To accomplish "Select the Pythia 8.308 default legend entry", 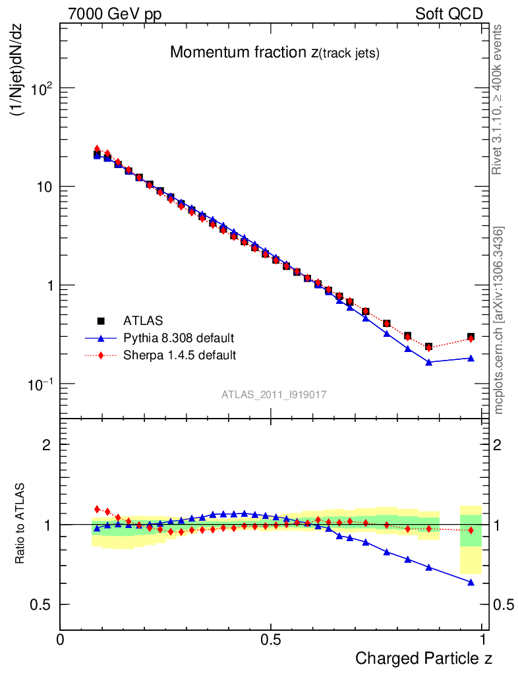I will point(179,338).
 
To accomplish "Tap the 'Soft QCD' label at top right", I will point(449,15).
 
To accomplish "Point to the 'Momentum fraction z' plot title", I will point(274,53).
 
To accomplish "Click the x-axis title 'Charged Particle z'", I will point(424,658).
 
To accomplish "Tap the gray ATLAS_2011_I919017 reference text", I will point(274,394).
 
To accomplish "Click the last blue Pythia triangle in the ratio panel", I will point(471,582).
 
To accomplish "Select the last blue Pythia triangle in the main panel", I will point(471,358).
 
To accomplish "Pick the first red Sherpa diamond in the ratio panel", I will point(97,509).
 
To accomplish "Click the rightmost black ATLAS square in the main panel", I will point(471,337).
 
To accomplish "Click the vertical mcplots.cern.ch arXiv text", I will point(499,320).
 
